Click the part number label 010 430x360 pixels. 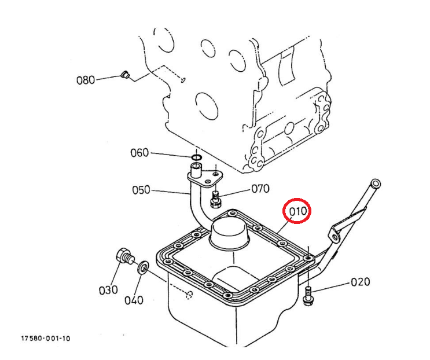[x=298, y=211]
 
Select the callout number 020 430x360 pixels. [x=361, y=282]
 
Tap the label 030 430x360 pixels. [x=108, y=290]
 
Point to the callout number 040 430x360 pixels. [x=134, y=300]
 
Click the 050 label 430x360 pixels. [x=141, y=190]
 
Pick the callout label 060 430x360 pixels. [x=139, y=153]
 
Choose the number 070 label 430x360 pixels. [x=260, y=189]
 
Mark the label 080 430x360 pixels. [x=86, y=80]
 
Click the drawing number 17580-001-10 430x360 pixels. [x=46, y=339]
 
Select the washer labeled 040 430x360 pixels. [x=143, y=267]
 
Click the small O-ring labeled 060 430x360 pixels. [x=197, y=157]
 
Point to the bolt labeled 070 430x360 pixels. [x=216, y=199]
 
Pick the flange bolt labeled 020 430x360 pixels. [x=308, y=295]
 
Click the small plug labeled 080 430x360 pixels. [x=126, y=74]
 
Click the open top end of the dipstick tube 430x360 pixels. [x=376, y=183]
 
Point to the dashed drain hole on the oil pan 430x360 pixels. [x=189, y=295]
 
